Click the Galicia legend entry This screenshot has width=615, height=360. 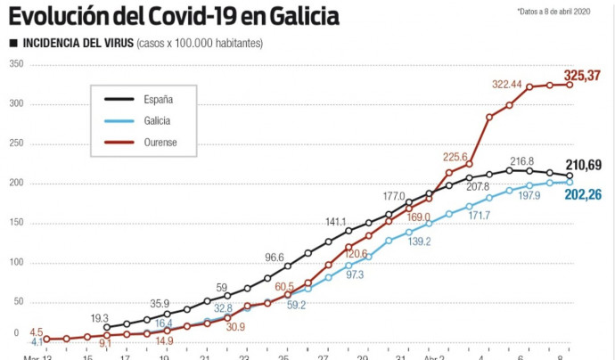(x=154, y=120)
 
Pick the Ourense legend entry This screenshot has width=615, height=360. (x=158, y=142)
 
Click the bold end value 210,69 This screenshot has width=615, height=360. (x=583, y=165)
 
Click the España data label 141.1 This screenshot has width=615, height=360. (x=335, y=222)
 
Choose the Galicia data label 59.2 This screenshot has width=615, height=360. (x=298, y=305)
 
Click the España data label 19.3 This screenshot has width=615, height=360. (x=99, y=318)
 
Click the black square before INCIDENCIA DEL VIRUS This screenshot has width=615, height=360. (x=12, y=44)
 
